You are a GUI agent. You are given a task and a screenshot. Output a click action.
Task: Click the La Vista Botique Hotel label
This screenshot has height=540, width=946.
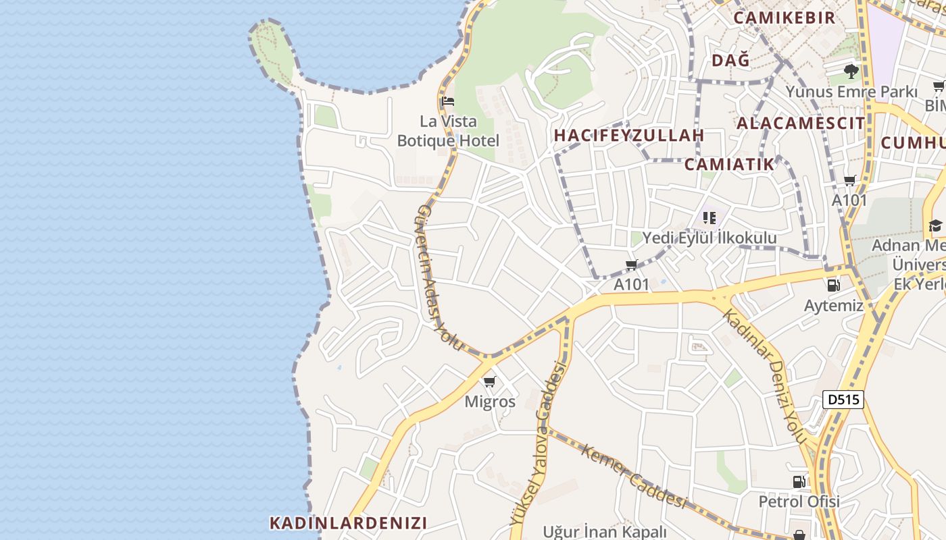pos(448,132)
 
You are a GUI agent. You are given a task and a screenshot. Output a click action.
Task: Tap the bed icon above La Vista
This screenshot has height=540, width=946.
pos(447,102)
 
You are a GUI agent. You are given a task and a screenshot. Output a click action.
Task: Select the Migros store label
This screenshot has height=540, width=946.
pos(490,402)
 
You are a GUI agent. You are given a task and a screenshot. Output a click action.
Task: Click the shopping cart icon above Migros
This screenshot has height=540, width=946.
pos(490,382)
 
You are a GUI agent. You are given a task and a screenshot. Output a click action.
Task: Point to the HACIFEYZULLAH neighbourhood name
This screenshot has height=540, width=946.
pos(629,135)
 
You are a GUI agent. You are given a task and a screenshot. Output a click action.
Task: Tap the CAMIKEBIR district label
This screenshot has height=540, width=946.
pos(784,18)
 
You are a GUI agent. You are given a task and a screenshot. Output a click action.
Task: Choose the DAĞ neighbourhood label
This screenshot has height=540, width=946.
pos(730,60)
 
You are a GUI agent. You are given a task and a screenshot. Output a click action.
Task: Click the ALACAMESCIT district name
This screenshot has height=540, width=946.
pos(800,123)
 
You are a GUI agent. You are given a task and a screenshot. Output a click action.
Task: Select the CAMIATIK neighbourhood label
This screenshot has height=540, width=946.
pos(729,164)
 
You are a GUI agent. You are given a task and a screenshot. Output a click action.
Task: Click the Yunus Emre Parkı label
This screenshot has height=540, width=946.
pos(851,91)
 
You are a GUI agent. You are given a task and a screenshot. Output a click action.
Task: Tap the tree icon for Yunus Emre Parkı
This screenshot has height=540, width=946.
pos(851,70)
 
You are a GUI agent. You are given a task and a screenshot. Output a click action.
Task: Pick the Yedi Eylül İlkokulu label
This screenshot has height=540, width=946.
pos(709,238)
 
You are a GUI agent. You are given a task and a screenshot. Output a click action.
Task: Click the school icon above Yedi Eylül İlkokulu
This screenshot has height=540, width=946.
pos(709,218)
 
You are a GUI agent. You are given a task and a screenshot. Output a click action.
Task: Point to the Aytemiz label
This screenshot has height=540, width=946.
pos(834,305)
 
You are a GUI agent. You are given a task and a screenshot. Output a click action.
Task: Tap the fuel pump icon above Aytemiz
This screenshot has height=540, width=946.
pos(834,285)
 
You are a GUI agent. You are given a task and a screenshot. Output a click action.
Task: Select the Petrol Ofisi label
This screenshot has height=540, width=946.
pos(799,502)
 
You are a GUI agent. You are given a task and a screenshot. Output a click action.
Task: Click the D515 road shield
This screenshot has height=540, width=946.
pos(843,400)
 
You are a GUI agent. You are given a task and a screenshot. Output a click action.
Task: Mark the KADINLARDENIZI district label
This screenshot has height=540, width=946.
pos(348,522)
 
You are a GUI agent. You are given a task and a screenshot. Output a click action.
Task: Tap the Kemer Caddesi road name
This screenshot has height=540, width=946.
pos(633,476)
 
